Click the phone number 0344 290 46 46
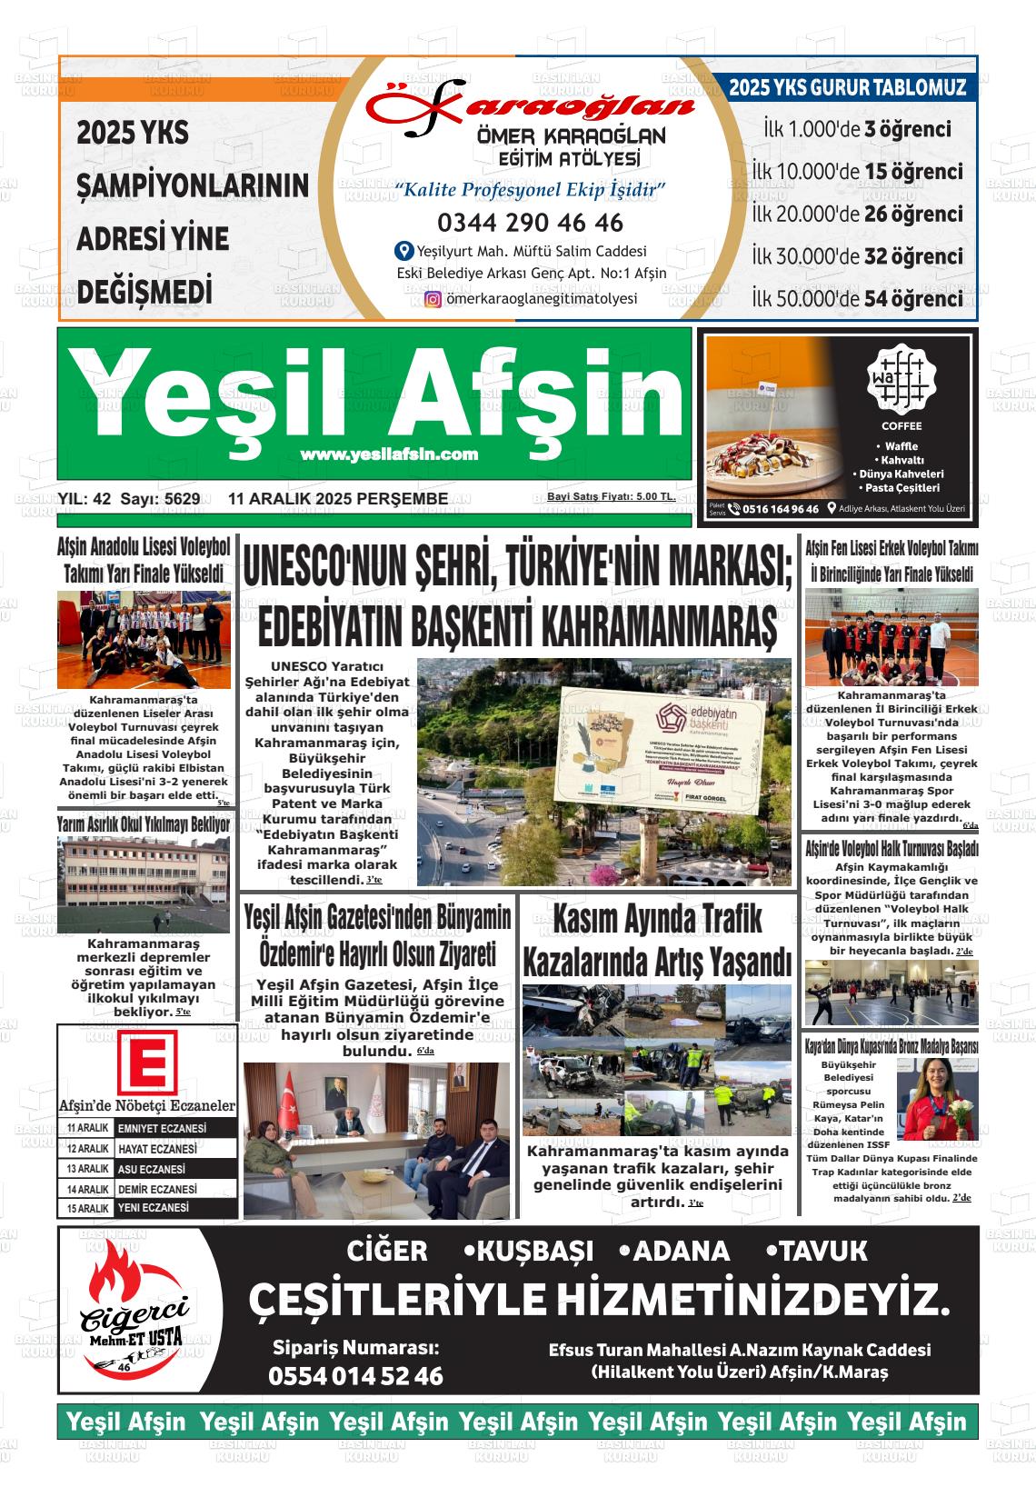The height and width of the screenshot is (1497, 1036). click(530, 223)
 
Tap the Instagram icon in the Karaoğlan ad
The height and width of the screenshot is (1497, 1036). click(433, 299)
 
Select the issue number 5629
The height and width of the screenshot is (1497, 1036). click(181, 499)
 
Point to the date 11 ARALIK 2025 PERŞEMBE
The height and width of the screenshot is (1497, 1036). click(338, 499)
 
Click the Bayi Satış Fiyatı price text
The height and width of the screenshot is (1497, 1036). click(611, 497)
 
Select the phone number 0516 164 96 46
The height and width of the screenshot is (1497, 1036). click(780, 509)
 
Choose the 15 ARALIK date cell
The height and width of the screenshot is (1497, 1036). click(87, 1209)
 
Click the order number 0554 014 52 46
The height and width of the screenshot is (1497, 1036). click(355, 1376)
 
